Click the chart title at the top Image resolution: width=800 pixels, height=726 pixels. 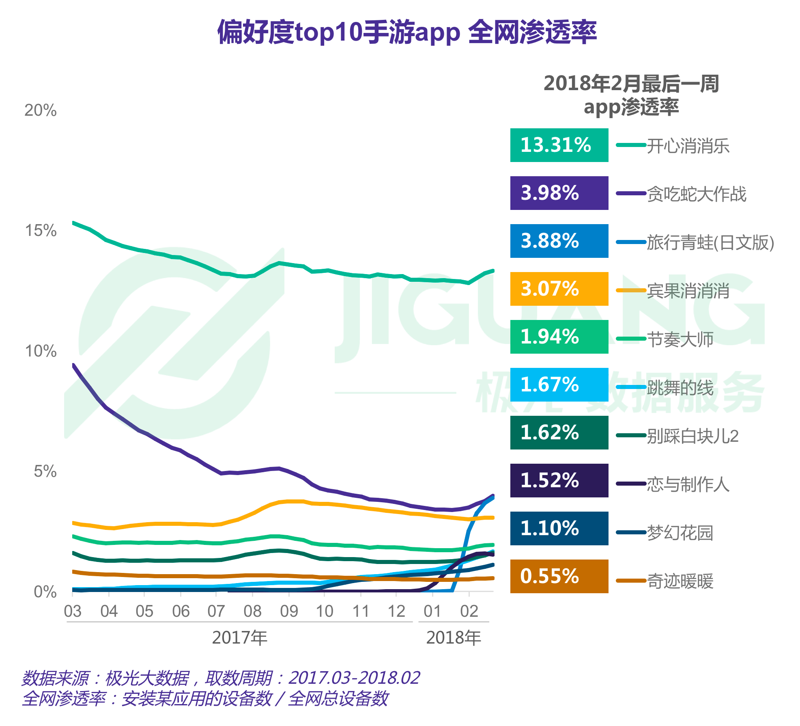point(406,32)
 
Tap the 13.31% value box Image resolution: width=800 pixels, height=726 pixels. point(559,145)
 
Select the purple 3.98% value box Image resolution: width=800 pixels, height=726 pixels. point(559,193)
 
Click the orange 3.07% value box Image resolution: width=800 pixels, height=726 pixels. point(559,289)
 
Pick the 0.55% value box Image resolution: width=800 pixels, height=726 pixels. point(559,576)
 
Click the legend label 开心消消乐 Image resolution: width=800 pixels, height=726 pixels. point(688,146)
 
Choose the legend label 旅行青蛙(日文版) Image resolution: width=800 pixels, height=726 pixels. point(710,242)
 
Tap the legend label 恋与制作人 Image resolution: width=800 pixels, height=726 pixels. point(688,484)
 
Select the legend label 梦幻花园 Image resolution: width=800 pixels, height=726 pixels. point(680,532)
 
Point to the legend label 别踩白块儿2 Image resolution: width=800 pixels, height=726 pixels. point(692,436)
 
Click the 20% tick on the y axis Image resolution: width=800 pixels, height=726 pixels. point(40,110)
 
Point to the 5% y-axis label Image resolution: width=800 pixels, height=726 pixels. point(45,471)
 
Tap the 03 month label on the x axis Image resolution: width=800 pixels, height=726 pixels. point(73,611)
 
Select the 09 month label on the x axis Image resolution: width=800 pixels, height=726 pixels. point(289,611)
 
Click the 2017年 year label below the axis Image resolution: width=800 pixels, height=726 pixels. point(239,637)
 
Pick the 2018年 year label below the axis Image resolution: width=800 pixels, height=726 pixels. point(454,637)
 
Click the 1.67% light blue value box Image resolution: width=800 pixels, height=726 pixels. point(559,385)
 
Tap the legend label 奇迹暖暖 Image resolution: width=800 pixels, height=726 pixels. point(680,581)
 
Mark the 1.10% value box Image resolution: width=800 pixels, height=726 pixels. point(559,528)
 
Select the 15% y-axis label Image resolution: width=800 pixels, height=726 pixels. point(40,231)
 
